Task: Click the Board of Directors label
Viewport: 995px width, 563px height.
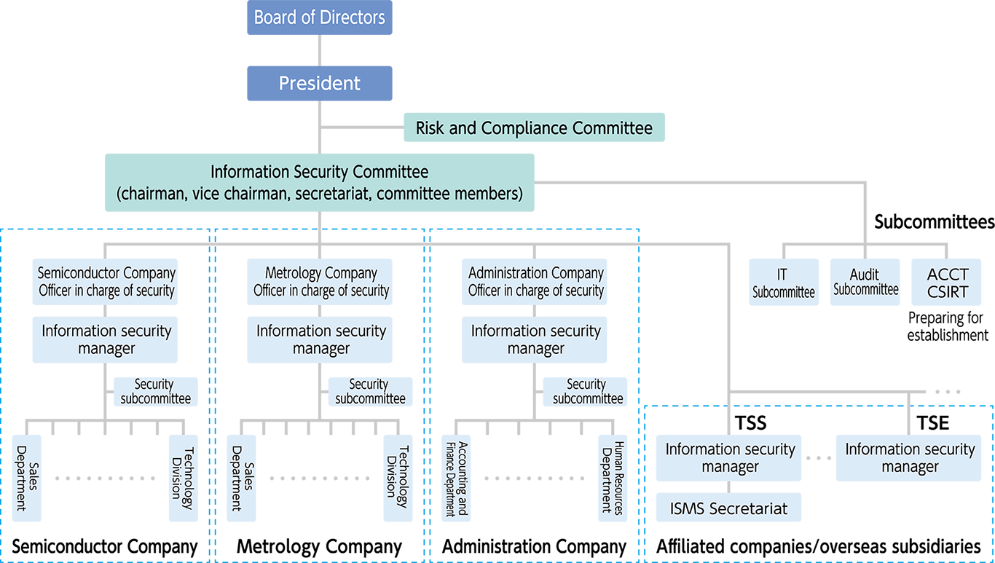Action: click(319, 17)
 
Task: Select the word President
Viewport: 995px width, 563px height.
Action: click(319, 83)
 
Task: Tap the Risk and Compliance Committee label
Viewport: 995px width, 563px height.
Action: click(533, 128)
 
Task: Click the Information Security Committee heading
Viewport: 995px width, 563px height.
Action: click(319, 173)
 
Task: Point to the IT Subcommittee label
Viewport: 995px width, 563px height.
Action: click(783, 283)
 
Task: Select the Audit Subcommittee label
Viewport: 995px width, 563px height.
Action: click(865, 282)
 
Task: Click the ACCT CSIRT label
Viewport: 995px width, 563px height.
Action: click(948, 283)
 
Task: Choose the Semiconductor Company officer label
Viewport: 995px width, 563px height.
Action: click(106, 282)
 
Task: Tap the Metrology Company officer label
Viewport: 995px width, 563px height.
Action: click(321, 282)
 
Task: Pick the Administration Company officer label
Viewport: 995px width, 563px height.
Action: click(535, 282)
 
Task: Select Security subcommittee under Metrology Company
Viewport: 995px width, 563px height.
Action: click(370, 391)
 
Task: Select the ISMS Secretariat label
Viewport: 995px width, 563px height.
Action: click(728, 508)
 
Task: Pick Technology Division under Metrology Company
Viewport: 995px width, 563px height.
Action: click(396, 478)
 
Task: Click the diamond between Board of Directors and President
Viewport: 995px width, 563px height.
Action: click(319, 50)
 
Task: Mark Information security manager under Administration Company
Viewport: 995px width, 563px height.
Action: click(535, 339)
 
